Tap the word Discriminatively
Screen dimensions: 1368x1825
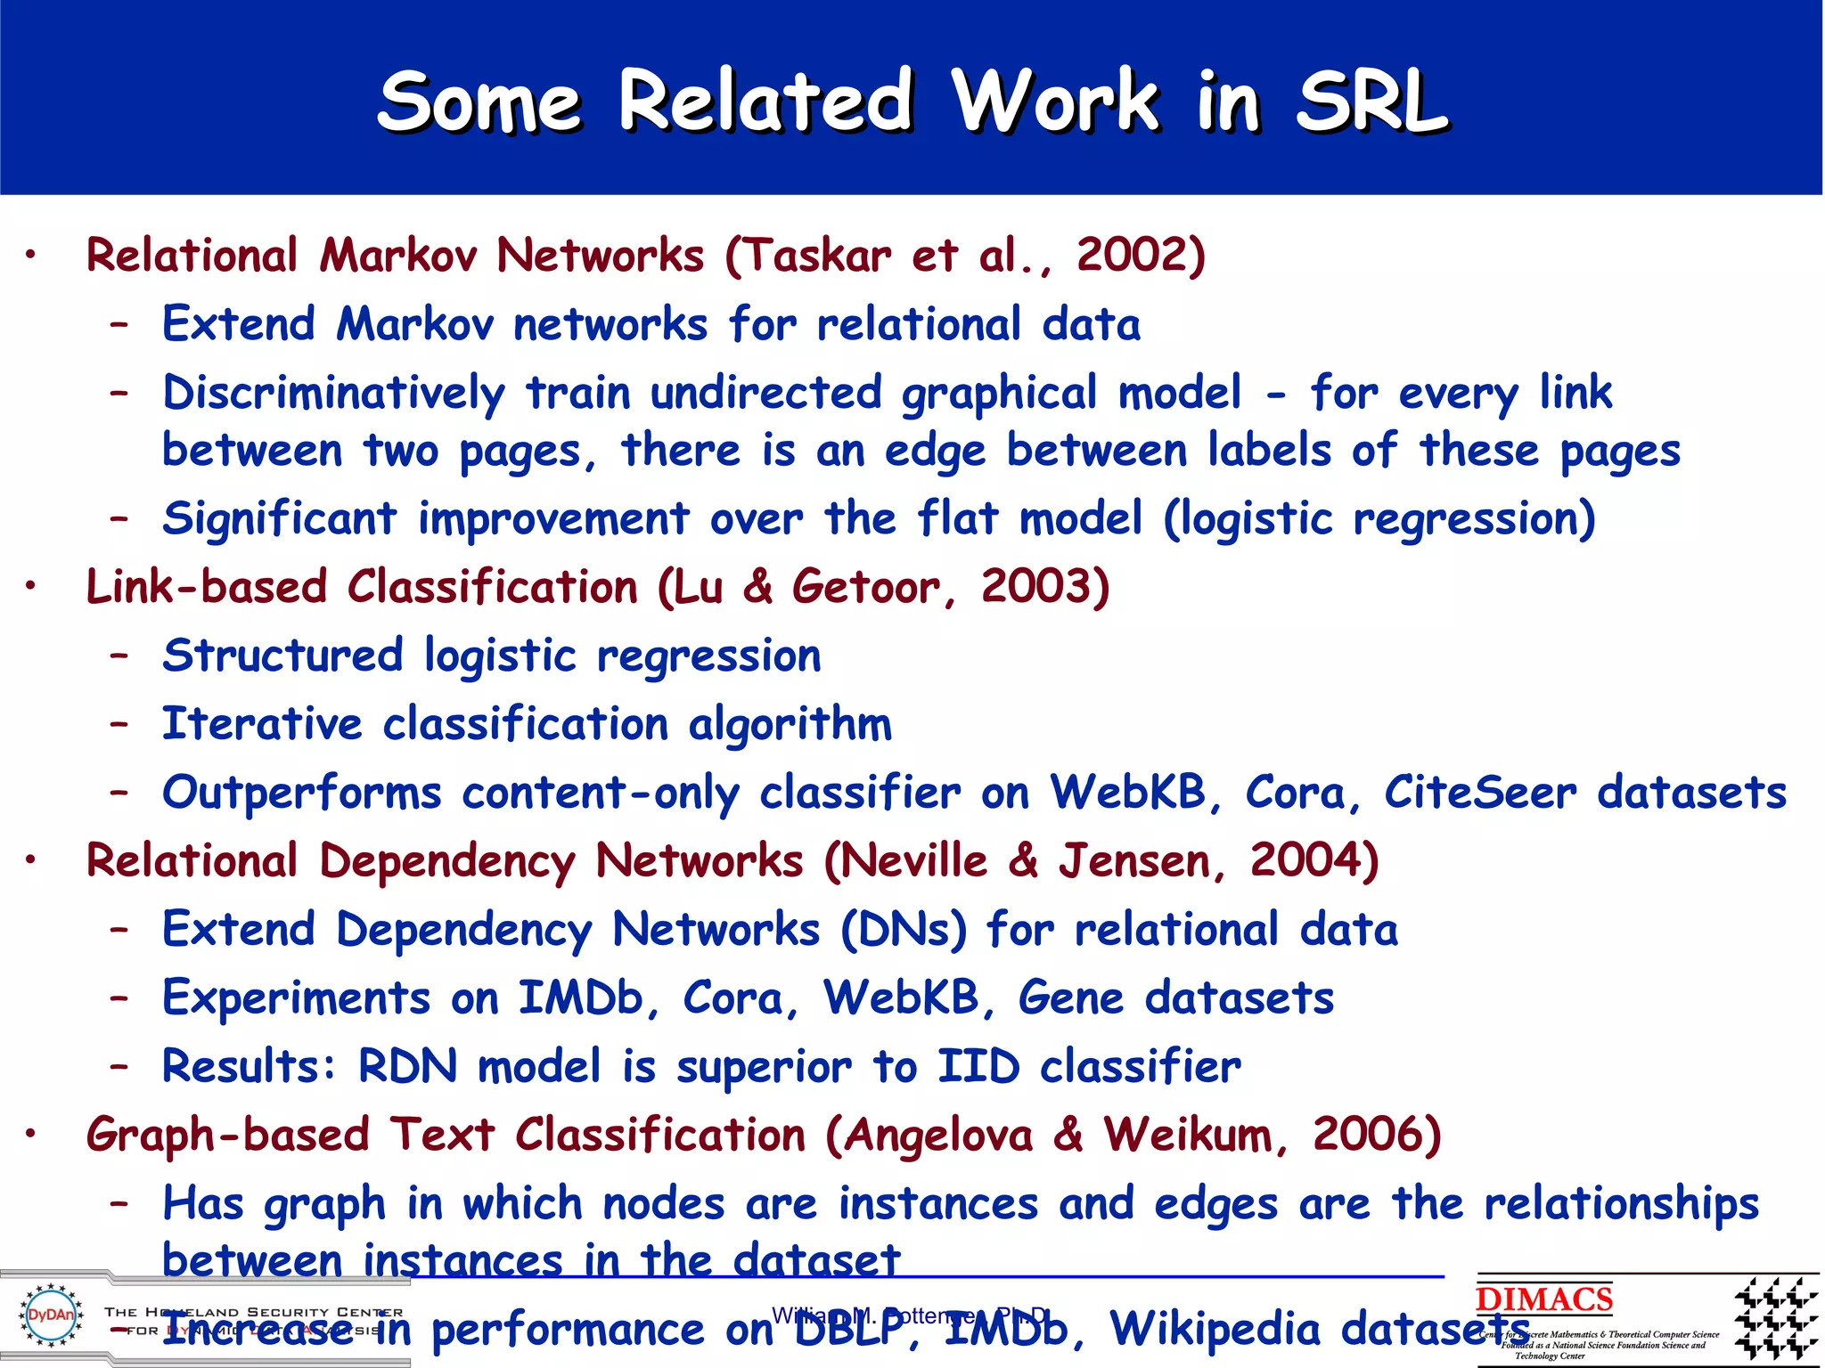(x=333, y=394)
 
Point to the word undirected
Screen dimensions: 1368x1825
(x=765, y=393)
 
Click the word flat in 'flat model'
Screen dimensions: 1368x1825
(x=958, y=518)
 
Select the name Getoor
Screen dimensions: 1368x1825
(x=865, y=588)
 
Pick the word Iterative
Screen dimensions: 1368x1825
(x=262, y=724)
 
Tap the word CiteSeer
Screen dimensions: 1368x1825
(x=1479, y=792)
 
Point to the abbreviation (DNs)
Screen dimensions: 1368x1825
(x=903, y=930)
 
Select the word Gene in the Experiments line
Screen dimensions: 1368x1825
(x=1071, y=997)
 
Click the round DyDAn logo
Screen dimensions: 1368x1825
(x=51, y=1315)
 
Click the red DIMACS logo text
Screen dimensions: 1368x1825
(x=1543, y=1299)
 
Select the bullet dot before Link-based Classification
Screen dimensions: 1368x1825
(x=30, y=586)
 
